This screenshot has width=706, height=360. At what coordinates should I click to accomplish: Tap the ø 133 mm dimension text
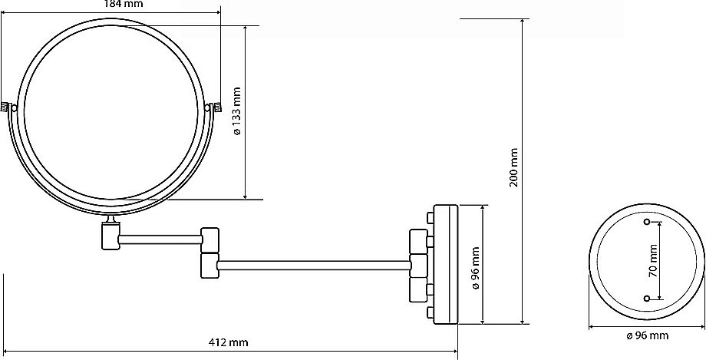(x=237, y=111)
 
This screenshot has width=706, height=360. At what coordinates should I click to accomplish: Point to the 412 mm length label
(x=229, y=342)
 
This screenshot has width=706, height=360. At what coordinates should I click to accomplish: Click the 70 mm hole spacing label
(x=653, y=260)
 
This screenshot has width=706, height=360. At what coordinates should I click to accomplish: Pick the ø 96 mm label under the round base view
(x=647, y=335)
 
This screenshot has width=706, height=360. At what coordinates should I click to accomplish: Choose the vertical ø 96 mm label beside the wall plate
(x=476, y=268)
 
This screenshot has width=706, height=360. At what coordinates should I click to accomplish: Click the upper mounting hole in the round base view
(x=648, y=222)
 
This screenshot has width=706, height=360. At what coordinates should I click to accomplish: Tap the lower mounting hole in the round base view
(x=648, y=299)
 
